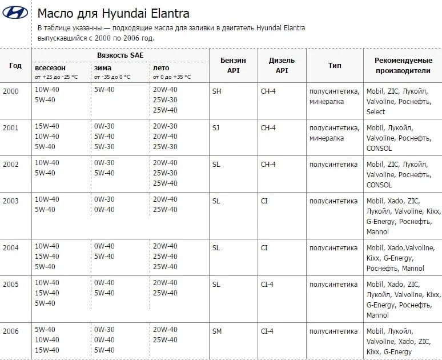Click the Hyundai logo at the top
[x=15, y=13]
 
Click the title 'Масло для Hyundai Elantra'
[x=113, y=13]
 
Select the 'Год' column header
[x=15, y=65]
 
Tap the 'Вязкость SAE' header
[x=120, y=55]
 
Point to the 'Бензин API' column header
[x=233, y=65]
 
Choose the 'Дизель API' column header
[x=282, y=65]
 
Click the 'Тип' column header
[x=335, y=65]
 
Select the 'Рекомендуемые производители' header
[x=403, y=65]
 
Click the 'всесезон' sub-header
[x=50, y=67]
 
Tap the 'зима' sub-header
[x=103, y=67]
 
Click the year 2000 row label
[x=11, y=91]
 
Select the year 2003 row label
[x=11, y=201]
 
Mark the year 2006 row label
[x=11, y=331]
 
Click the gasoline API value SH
[x=216, y=91]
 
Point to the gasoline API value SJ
[x=216, y=127]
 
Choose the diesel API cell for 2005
[x=267, y=284]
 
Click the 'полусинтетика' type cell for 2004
[x=333, y=247]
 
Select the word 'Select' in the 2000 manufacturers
[x=376, y=111]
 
